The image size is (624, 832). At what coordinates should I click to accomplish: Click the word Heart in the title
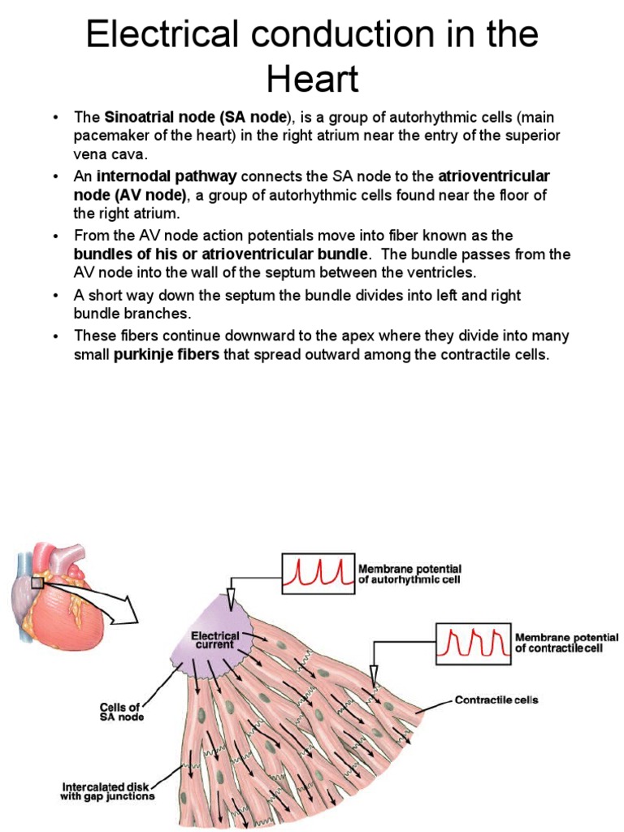click(x=312, y=80)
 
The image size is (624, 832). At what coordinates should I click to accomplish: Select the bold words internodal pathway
click(x=167, y=175)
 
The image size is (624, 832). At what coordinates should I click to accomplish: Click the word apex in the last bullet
click(x=351, y=335)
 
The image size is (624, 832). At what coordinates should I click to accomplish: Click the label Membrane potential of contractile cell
click(x=566, y=643)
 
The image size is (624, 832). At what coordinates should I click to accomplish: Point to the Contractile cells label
click(x=496, y=700)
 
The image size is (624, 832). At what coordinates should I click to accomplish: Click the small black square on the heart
click(x=37, y=582)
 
